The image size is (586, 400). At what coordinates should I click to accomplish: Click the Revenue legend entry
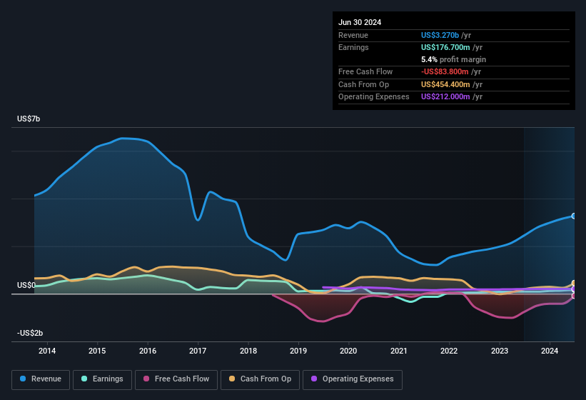point(41,379)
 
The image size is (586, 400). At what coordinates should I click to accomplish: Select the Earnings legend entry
point(102,379)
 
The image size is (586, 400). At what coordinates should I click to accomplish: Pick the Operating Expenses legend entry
point(353,379)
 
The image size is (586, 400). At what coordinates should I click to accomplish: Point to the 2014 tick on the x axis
point(47,351)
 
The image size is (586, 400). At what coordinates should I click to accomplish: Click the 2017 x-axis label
point(198,351)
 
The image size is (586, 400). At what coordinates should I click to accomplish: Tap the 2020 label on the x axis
point(348,351)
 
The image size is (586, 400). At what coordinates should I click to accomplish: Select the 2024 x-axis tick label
point(550,351)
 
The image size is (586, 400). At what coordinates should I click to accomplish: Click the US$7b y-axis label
point(29,119)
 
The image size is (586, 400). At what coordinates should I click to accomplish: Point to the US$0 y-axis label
point(26,285)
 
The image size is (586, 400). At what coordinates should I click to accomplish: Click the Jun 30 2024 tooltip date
point(360,22)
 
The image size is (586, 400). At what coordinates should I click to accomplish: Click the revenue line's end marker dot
point(574,216)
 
